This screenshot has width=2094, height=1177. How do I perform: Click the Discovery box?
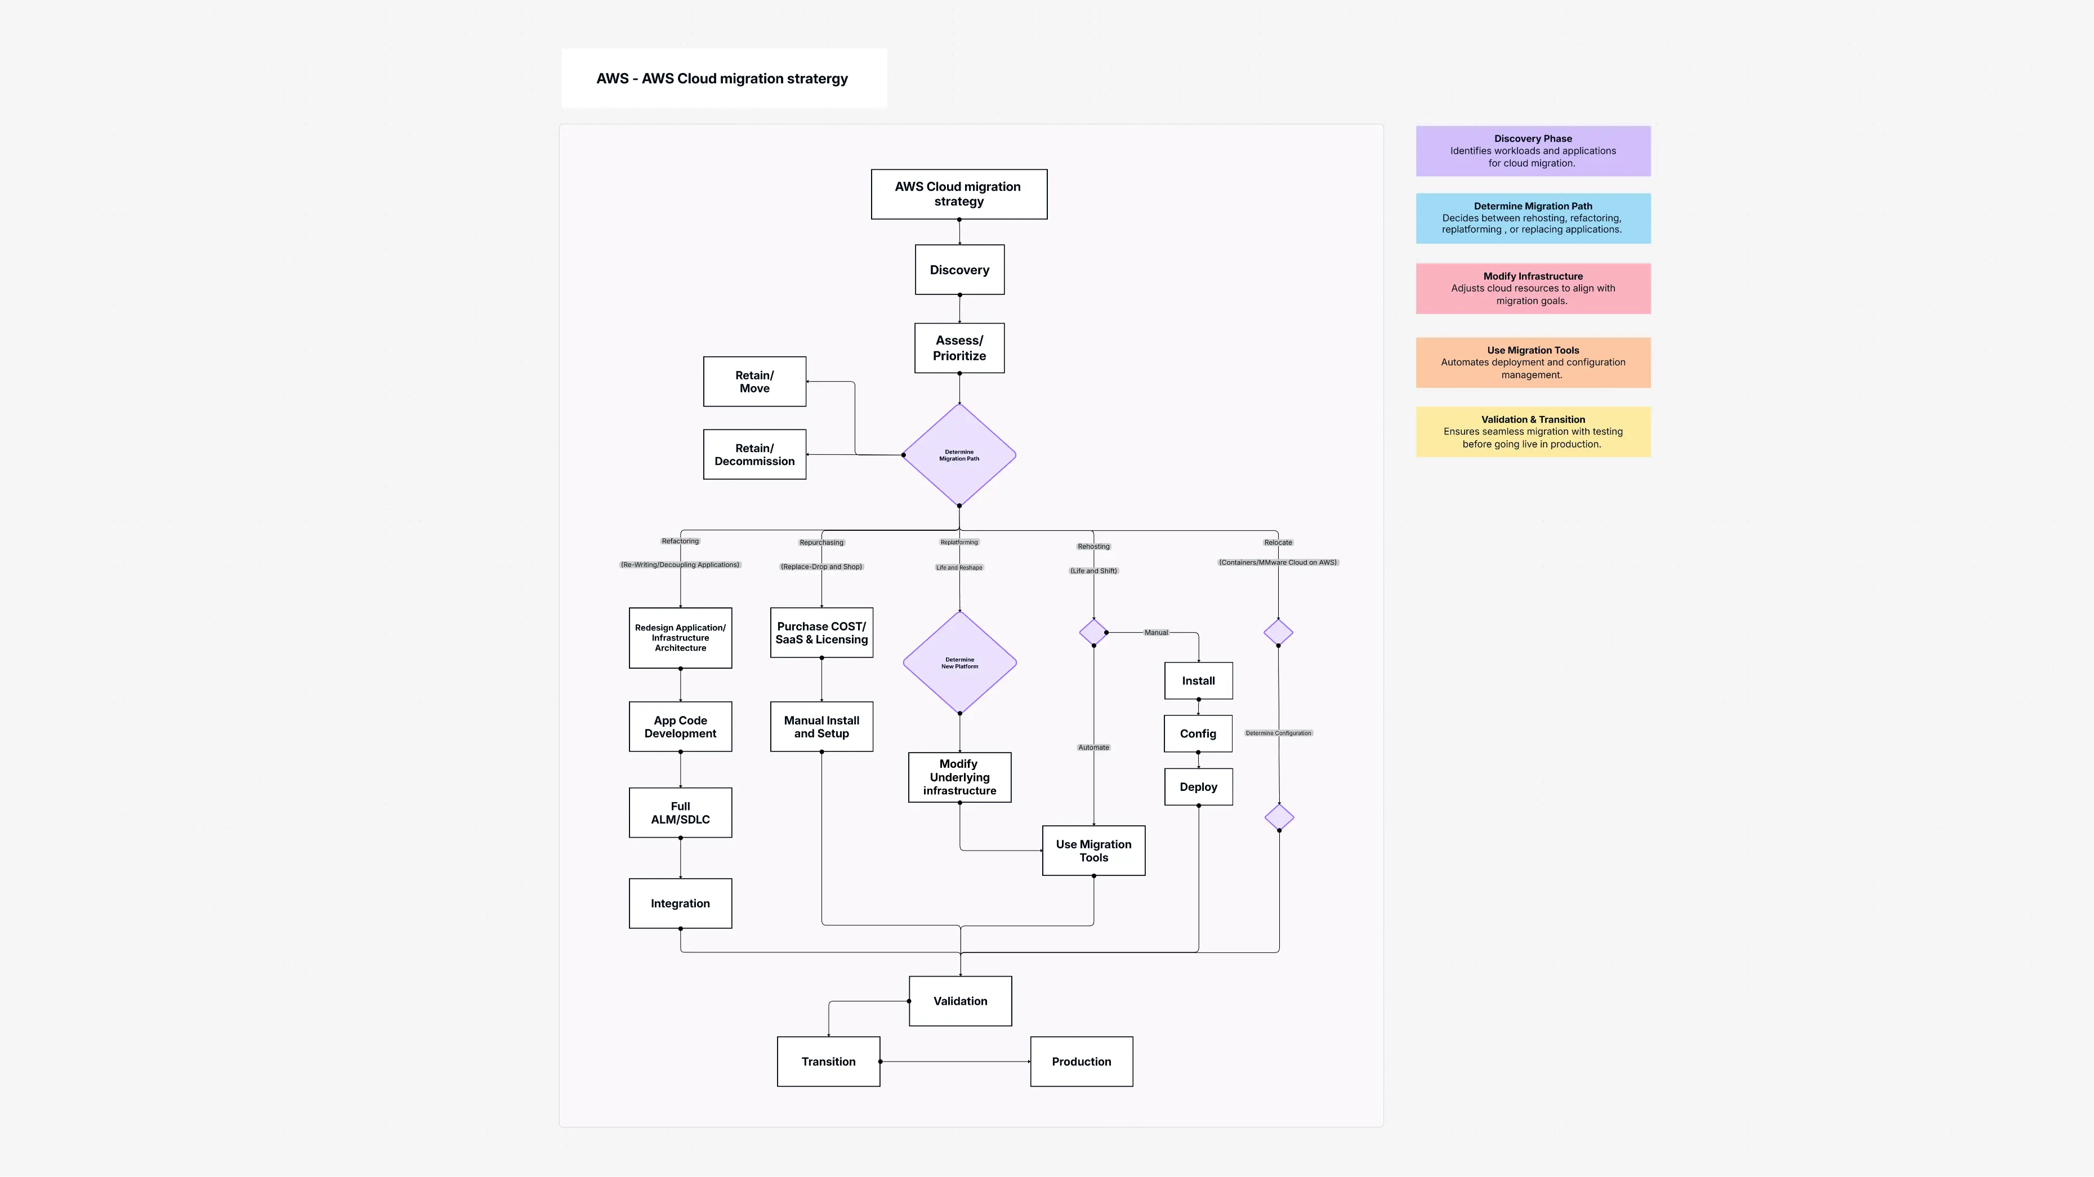click(959, 270)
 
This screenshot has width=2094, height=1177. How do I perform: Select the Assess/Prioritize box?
click(959, 348)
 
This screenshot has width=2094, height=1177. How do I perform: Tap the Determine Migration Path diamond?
click(959, 455)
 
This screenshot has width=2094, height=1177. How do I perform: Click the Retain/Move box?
click(754, 381)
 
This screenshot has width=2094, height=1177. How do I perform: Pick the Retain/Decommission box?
click(754, 454)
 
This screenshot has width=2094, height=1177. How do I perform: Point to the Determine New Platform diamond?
click(959, 663)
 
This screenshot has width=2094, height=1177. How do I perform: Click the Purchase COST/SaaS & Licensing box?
click(821, 632)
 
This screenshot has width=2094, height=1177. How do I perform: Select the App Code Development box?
click(680, 727)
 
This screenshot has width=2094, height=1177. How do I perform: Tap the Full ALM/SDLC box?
click(680, 813)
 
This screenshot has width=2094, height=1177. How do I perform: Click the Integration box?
click(680, 903)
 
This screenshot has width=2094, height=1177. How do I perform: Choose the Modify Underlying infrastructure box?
click(959, 777)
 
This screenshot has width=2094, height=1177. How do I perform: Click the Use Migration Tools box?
click(1093, 850)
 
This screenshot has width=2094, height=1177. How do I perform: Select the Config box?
click(1198, 733)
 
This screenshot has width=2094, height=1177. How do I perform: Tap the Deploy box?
click(1198, 787)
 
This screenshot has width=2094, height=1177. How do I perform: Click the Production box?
click(1081, 1062)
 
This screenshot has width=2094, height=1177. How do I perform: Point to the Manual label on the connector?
click(1156, 632)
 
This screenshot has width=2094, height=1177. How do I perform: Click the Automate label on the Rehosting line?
click(1093, 747)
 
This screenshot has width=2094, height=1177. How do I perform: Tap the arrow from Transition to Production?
click(955, 1062)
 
